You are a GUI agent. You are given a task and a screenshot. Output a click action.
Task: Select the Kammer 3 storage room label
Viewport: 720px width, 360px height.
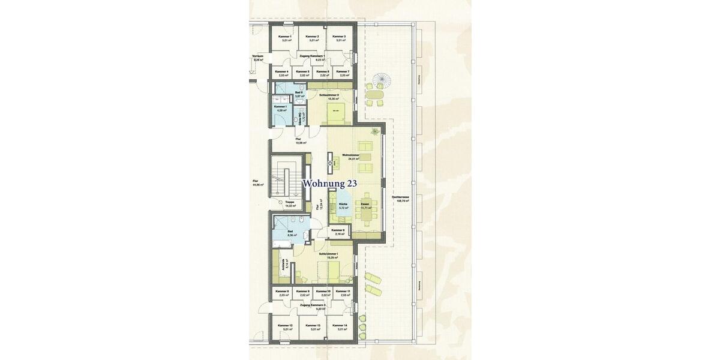coord(339,37)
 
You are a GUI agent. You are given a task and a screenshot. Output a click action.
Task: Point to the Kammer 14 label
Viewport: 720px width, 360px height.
coord(340,325)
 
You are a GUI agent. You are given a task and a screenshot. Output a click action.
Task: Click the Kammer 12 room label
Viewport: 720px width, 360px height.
coord(285,325)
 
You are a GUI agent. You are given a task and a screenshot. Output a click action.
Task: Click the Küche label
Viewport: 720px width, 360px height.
coord(343,204)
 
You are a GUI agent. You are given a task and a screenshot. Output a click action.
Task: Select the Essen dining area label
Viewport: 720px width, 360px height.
coord(365,204)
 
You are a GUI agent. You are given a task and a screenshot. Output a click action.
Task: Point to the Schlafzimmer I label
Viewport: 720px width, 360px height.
coord(329,254)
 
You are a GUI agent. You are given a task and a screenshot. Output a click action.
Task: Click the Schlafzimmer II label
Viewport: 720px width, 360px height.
coord(329,95)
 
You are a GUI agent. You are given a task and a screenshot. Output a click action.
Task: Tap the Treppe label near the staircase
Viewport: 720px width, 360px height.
coord(290,202)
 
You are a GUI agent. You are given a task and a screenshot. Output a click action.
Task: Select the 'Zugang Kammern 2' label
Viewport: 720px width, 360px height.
coord(312,305)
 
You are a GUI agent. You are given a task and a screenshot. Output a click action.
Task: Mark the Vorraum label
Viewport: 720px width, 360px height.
coord(259,56)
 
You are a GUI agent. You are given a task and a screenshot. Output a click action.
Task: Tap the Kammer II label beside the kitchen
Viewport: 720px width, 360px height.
coord(338,230)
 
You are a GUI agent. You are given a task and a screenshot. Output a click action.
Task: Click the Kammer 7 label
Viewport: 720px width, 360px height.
coord(344,71)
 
